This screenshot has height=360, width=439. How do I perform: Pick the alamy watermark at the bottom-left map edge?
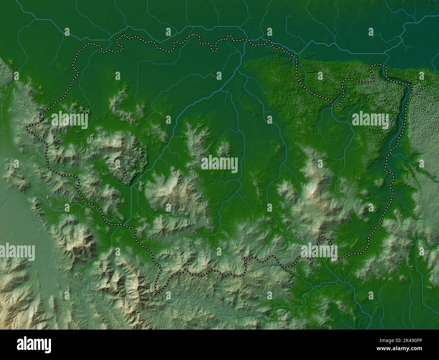coord(18,252)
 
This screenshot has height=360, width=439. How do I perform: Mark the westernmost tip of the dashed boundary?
coord(27,128)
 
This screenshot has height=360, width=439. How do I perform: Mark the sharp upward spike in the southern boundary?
coord(325,238)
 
